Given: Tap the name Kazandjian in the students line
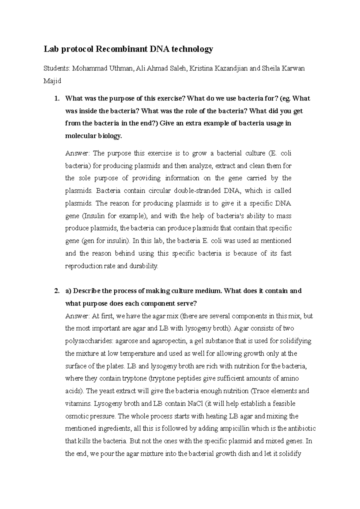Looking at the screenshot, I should pyautogui.click(x=230, y=68).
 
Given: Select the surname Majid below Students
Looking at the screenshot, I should pyautogui.click(x=52, y=81).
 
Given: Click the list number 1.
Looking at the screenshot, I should pyautogui.click(x=56, y=99).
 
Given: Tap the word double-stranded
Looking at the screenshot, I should pyautogui.click(x=197, y=191).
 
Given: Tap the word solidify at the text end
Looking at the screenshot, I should pyautogui.click(x=290, y=454).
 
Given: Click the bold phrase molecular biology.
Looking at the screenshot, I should pyautogui.click(x=94, y=136).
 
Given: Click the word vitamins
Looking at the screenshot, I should pyautogui.click(x=77, y=403).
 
